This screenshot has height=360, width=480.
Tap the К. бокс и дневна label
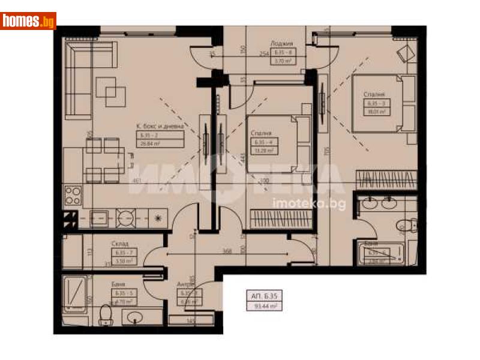[159, 126]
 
